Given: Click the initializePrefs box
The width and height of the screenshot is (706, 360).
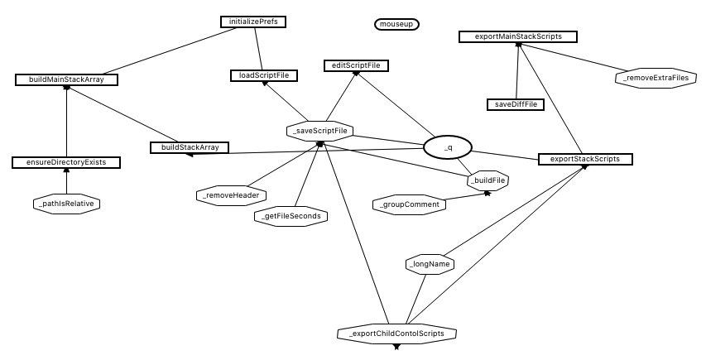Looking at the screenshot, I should click(258, 21).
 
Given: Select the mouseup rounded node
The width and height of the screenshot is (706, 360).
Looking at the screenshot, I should click(397, 25).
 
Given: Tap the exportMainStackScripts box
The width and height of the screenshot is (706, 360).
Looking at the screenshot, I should click(517, 36).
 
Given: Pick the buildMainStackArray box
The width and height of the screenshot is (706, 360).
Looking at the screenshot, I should click(66, 79).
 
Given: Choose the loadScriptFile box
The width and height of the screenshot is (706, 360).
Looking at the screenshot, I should click(263, 75).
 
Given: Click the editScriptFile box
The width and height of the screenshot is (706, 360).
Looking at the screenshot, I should click(355, 65).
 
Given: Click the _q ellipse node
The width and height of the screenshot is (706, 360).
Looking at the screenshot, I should click(447, 147).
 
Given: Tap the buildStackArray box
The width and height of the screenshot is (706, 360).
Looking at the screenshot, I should click(190, 147).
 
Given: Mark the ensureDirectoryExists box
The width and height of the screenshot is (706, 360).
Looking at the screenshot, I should click(66, 162).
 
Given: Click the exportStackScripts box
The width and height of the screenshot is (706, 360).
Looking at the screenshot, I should click(585, 158).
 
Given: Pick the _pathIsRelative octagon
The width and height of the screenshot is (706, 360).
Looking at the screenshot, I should click(66, 203).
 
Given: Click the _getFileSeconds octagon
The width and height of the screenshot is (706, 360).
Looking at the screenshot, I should click(291, 217).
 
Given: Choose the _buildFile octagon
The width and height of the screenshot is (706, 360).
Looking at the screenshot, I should click(487, 180).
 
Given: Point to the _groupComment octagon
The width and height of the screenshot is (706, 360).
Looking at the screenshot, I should click(409, 204).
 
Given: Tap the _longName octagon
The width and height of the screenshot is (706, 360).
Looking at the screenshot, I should click(430, 265).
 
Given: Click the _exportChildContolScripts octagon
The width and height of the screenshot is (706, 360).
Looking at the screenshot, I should click(396, 334).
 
